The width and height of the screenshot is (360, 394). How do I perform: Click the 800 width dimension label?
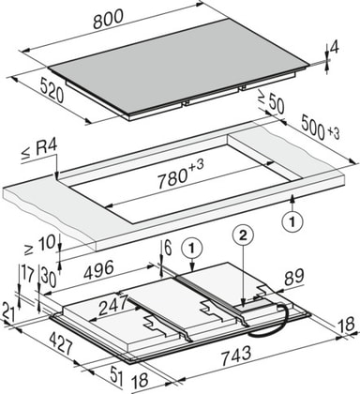coord(109,20)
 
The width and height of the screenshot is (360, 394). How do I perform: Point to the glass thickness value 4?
coord(335,49)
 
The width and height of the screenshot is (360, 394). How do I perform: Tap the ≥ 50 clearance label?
coord(271,101)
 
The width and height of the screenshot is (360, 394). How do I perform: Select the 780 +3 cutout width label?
coord(181,175)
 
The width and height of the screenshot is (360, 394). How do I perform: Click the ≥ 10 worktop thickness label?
coord(39,244)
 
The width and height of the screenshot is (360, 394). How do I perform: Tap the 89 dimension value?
coord(293,277)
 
